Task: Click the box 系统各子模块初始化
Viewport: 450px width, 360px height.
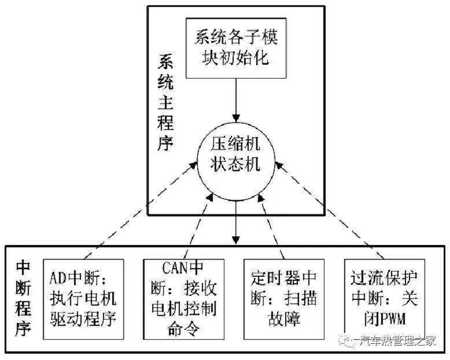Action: click(x=236, y=48)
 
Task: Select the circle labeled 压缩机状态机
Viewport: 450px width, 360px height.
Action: click(x=235, y=154)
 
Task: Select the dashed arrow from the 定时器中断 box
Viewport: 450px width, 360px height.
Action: click(x=272, y=225)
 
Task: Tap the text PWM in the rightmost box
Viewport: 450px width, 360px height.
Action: click(x=394, y=317)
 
